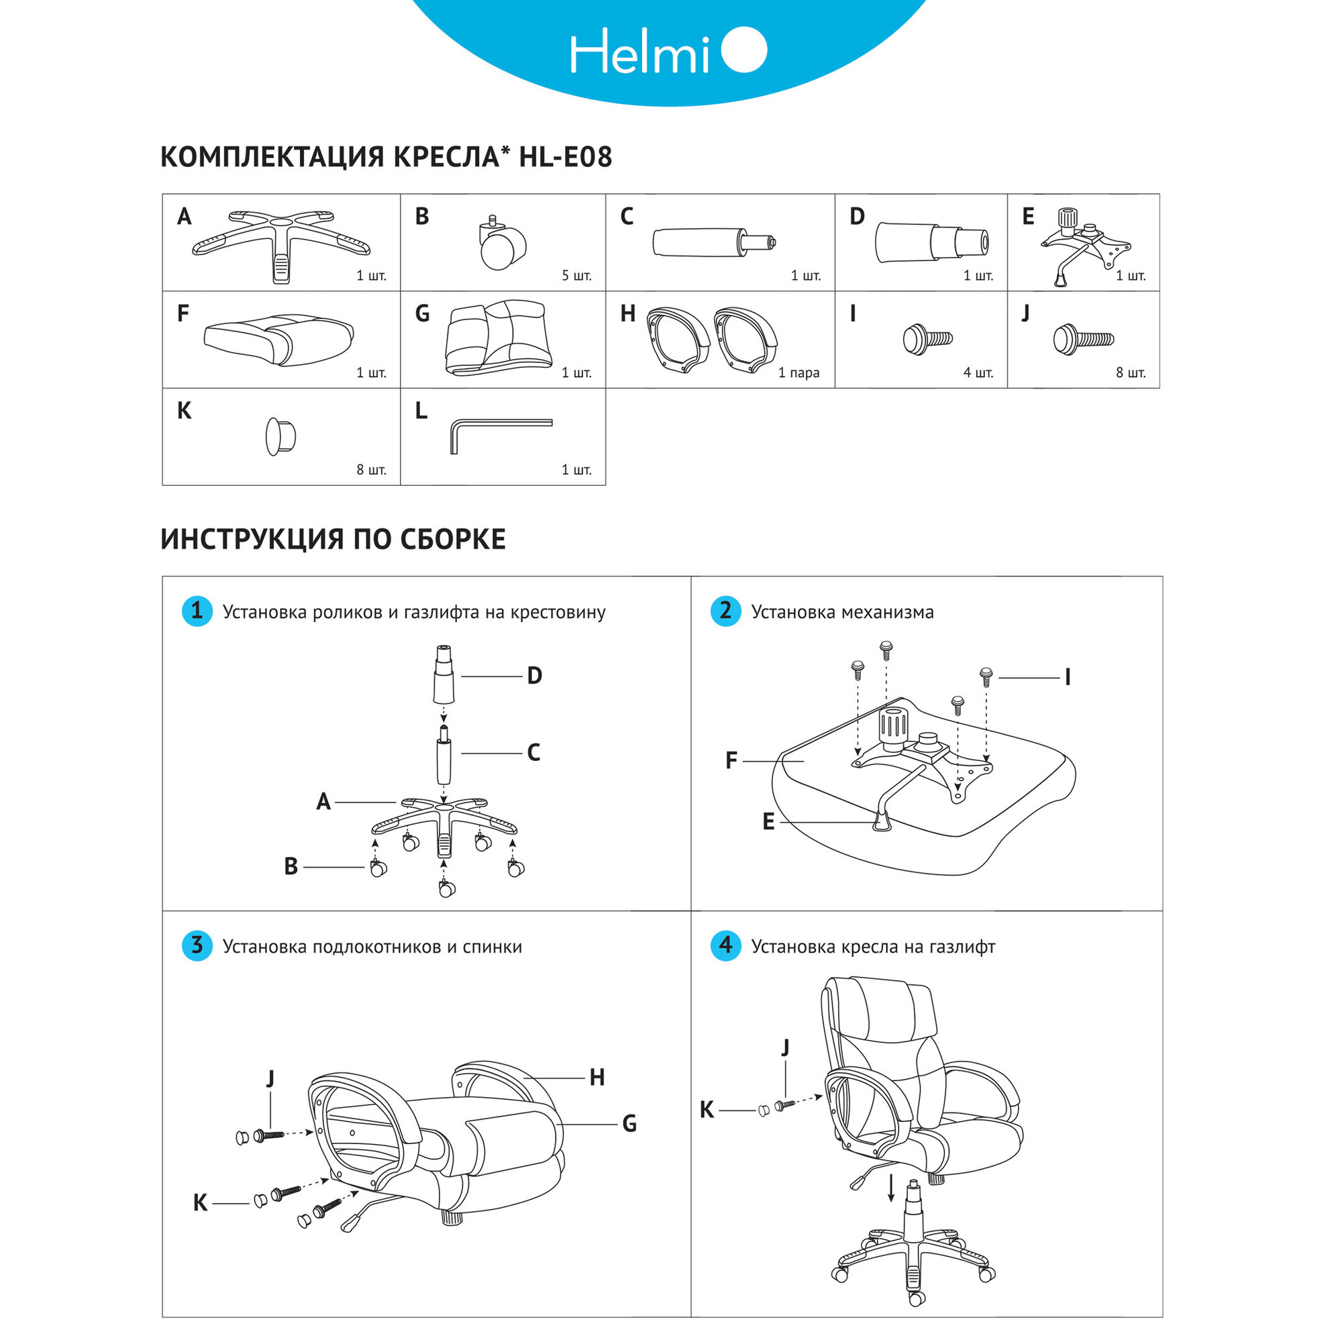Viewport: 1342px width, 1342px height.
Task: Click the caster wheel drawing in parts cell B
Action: (x=501, y=244)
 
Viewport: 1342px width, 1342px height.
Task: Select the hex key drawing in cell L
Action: (x=500, y=433)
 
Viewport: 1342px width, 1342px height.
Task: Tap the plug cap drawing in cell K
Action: (x=280, y=436)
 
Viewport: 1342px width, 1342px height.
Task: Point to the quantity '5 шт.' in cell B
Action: (x=576, y=276)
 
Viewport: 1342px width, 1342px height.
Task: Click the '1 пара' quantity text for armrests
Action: (x=798, y=373)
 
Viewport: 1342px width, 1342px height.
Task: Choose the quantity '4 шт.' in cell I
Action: (x=978, y=373)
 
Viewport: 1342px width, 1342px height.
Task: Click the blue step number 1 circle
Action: (x=197, y=611)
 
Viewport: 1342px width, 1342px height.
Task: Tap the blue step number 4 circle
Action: (x=725, y=946)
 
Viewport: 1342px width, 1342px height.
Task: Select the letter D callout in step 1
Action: (x=534, y=676)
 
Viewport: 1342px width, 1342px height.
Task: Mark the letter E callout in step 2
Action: (x=768, y=823)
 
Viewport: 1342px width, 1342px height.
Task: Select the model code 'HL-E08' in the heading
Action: (x=566, y=157)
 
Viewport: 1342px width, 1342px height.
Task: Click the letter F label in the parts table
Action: (x=183, y=314)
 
